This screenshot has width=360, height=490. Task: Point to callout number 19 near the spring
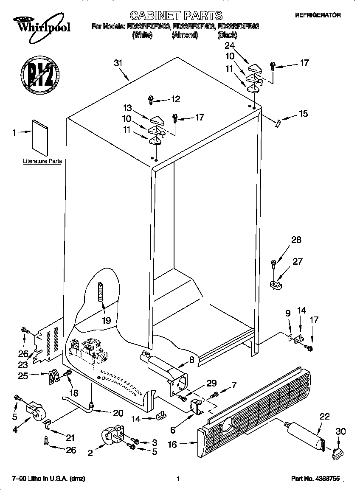coord(107,320)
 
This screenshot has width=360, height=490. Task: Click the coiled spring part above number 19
coord(101,291)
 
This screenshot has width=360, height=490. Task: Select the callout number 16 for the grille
coord(185,444)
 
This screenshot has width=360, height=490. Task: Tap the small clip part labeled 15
coord(278,123)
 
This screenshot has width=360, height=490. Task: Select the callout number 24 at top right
coord(229,45)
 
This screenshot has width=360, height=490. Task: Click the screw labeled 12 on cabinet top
coord(151,100)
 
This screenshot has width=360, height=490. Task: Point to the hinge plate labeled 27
coord(277,283)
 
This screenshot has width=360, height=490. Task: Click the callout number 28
coord(296,240)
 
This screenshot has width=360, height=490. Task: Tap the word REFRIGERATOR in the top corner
coord(318,15)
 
